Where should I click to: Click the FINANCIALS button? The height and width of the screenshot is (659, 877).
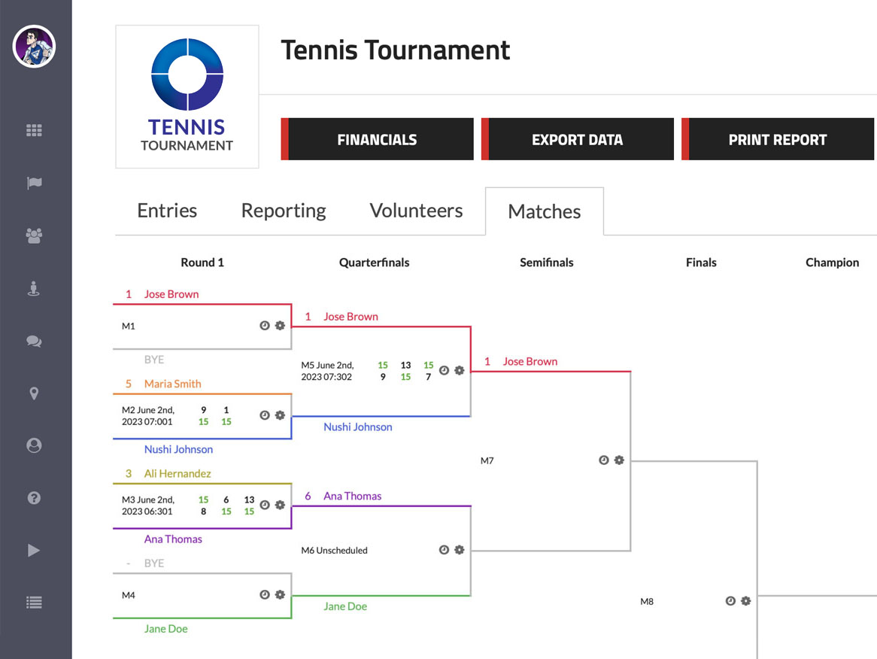click(x=377, y=139)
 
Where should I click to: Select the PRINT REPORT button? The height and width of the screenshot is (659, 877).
click(x=778, y=139)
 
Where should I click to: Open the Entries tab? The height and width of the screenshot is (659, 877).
click(x=167, y=211)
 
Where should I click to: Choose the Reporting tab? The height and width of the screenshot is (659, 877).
click(x=284, y=211)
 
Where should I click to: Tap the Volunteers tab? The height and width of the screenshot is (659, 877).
click(x=416, y=211)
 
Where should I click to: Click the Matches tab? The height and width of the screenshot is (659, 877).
click(x=545, y=211)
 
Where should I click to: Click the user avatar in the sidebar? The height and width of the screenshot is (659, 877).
click(x=34, y=47)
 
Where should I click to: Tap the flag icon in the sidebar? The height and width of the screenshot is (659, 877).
click(x=34, y=183)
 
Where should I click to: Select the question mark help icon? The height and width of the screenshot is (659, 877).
click(x=34, y=498)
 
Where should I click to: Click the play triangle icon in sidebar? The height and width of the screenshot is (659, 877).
click(x=34, y=551)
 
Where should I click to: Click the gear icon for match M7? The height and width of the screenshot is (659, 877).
click(x=619, y=460)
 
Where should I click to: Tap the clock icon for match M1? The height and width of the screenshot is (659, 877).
click(x=265, y=326)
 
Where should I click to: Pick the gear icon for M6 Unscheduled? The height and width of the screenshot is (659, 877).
click(x=460, y=550)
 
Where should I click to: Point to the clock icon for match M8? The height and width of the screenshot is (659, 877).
click(x=730, y=601)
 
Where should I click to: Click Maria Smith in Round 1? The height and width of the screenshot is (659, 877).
click(x=172, y=384)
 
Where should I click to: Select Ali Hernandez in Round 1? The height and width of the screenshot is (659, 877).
click(x=178, y=473)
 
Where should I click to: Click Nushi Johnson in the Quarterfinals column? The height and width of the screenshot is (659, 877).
click(x=358, y=427)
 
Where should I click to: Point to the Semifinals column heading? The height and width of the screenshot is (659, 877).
click(x=547, y=263)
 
